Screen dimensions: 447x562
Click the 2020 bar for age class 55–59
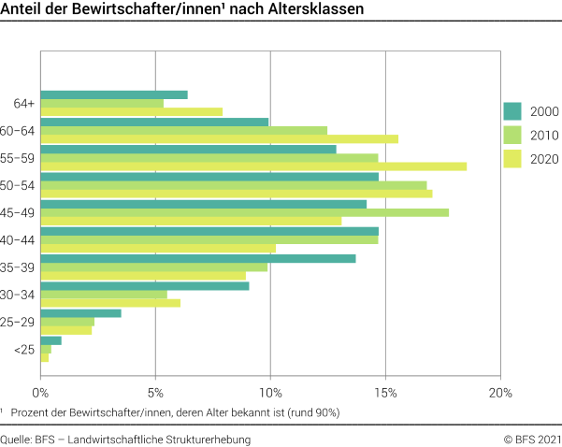tap(252, 166)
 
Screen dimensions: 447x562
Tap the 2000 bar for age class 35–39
tap(197, 258)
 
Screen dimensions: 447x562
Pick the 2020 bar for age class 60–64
tap(219, 139)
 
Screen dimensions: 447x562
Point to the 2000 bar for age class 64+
tap(114, 94)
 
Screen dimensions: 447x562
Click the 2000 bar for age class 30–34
tap(144, 285)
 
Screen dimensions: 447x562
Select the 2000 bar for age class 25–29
tap(80, 312)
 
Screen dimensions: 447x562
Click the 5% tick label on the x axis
tap(155, 393)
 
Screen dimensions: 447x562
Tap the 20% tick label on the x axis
tap(500, 393)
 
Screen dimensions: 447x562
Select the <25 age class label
tap(25, 350)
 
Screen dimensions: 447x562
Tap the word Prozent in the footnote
tap(31, 411)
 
